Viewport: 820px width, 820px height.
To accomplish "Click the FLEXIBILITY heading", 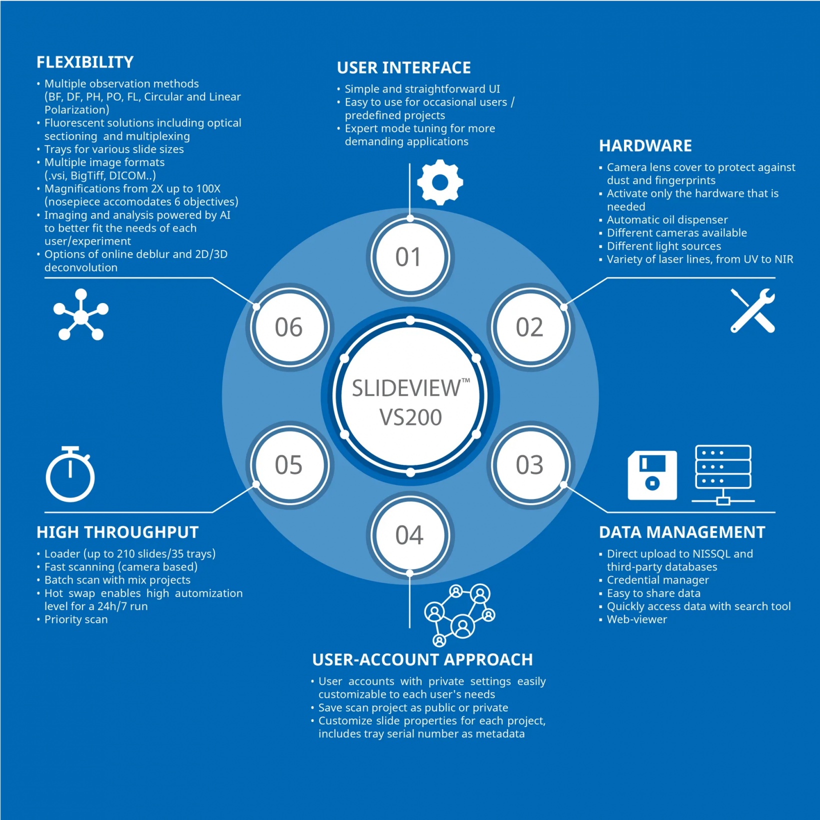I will [x=85, y=62].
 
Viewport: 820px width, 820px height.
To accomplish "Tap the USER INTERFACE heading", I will [x=403, y=67].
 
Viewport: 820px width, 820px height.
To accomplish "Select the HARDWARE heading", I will [x=645, y=145].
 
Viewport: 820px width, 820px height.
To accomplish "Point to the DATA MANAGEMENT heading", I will [x=681, y=532].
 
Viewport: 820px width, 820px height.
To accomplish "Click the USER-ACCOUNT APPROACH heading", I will [x=422, y=659].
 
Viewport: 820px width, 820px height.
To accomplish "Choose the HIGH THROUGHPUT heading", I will [x=117, y=532].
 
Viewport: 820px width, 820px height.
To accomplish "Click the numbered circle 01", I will [x=409, y=257].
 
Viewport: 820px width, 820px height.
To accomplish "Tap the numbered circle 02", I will [x=529, y=327].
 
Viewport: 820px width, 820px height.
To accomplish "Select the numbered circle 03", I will [x=529, y=465].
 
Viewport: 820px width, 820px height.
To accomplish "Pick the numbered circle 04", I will [x=409, y=535].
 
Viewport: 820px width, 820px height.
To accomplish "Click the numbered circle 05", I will [x=289, y=465].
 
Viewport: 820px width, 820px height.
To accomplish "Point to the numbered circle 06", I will [x=289, y=327].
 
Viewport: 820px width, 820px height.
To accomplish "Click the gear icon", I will [x=439, y=182].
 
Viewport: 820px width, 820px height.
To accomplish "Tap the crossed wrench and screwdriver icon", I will [x=752, y=310].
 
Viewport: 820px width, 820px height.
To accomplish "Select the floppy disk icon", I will [x=652, y=475].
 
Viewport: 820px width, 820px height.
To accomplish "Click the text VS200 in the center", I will [x=410, y=417].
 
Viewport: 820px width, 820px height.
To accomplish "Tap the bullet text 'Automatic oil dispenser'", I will [x=667, y=219].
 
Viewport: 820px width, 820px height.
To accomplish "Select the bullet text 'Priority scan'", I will [x=76, y=619].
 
